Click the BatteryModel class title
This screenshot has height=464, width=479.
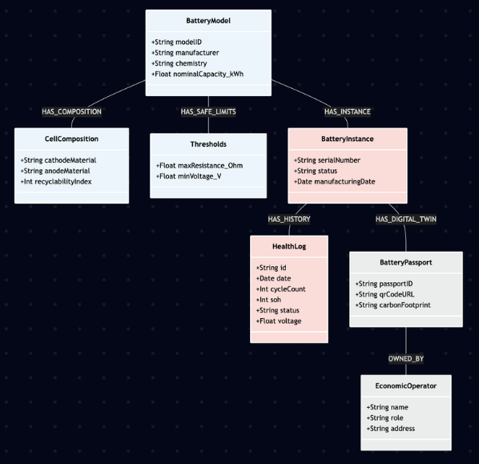point(208,21)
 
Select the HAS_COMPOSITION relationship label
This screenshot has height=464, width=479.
point(71,111)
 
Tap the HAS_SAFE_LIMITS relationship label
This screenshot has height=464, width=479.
point(208,111)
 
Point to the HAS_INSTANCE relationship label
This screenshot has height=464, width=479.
point(347,111)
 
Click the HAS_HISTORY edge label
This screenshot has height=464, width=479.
point(289,219)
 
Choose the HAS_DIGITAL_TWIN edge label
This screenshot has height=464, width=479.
point(406,219)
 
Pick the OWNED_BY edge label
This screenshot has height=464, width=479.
point(406,358)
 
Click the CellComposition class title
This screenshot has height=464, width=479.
point(71,139)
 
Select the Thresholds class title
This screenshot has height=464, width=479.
point(208,144)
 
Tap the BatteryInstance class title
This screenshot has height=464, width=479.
point(347,139)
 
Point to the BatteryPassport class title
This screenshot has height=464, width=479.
point(406,263)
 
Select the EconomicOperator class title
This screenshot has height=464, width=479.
point(406,385)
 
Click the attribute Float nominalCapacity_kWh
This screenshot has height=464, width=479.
point(197,75)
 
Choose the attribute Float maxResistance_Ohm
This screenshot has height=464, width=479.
point(199,166)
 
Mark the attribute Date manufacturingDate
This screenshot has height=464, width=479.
point(335,182)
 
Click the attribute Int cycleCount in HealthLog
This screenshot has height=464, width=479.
point(280,289)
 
